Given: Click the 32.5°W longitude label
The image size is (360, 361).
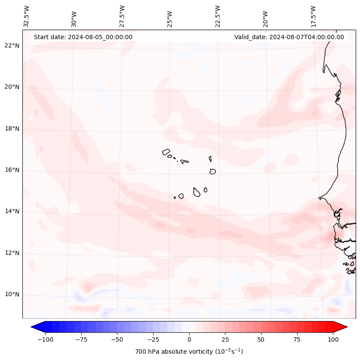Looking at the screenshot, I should (27, 16).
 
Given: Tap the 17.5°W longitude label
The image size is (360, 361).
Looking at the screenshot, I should (313, 16).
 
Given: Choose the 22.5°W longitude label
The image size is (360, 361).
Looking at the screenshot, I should (218, 16).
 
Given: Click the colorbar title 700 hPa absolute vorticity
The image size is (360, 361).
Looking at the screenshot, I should (189, 352).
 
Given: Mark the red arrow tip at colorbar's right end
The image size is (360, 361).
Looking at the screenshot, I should (346, 327).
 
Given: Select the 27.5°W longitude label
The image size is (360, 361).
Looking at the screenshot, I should (122, 16).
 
